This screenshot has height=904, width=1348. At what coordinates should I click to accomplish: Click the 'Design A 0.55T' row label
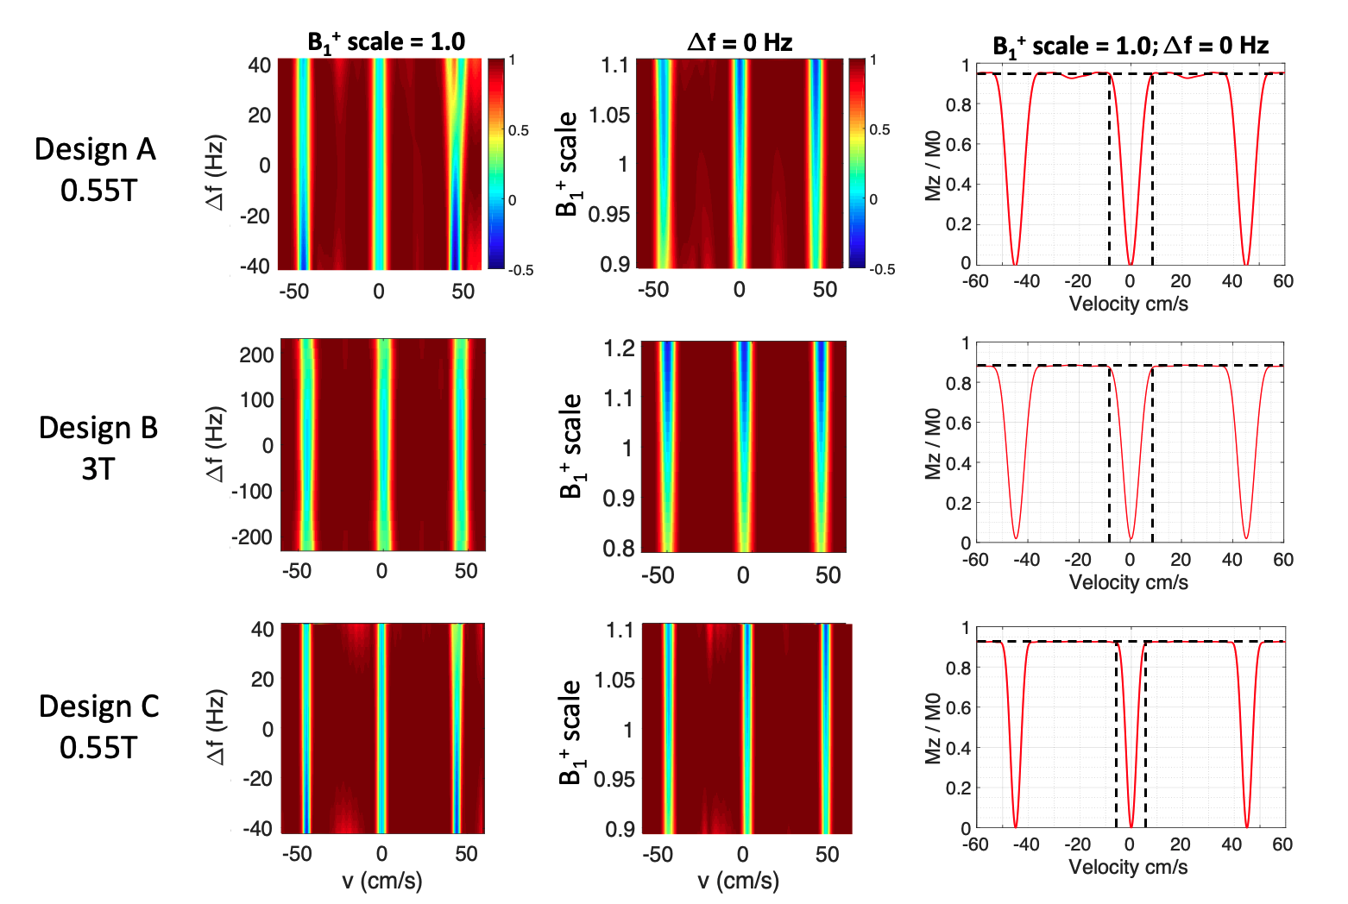pos(97,169)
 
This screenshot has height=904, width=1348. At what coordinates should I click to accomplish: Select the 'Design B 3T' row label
pos(98,448)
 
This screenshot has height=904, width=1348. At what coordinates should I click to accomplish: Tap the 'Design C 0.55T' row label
pos(98,726)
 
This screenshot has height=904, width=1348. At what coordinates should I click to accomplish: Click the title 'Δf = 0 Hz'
pos(740,42)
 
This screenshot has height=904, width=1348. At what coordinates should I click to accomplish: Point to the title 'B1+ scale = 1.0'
pos(386,42)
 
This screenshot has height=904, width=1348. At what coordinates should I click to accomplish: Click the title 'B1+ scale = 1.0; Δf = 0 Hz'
pos(1130,45)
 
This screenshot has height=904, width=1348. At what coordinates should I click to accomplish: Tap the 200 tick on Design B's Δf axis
pos(256,355)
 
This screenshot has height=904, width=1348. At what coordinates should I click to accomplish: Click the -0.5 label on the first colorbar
pos(520,270)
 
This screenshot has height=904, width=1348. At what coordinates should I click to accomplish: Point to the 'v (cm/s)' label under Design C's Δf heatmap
pos(382,881)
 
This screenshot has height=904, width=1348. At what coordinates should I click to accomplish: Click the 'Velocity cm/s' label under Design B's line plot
pos(1128,582)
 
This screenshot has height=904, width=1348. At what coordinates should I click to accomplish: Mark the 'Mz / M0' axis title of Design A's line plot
pos(933,164)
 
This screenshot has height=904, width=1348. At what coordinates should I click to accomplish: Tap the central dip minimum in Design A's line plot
pos(1130,264)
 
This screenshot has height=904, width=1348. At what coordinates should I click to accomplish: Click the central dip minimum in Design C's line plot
pos(1130,827)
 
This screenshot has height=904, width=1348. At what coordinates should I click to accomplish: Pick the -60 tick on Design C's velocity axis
pos(975,844)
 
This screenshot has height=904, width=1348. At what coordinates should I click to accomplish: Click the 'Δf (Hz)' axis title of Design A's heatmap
pos(216,172)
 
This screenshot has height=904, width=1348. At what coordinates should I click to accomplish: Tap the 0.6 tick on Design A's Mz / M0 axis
pos(959,144)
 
